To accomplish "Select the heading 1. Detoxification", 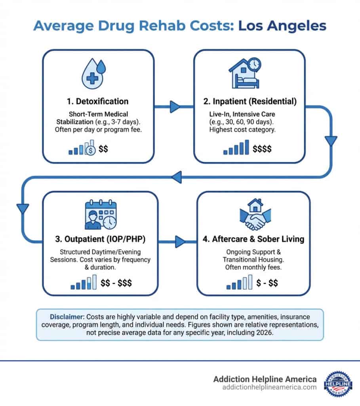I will pyautogui.click(x=97, y=101).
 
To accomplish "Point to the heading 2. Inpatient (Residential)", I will pyautogui.click(x=249, y=101).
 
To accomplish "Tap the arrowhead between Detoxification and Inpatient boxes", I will pyautogui.click(x=174, y=107).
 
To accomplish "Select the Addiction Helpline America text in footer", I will pyautogui.click(x=264, y=379).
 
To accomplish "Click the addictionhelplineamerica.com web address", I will pyautogui.click(x=264, y=387).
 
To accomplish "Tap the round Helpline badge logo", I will pyautogui.click(x=337, y=383).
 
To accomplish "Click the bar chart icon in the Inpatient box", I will pyautogui.click(x=236, y=147).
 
